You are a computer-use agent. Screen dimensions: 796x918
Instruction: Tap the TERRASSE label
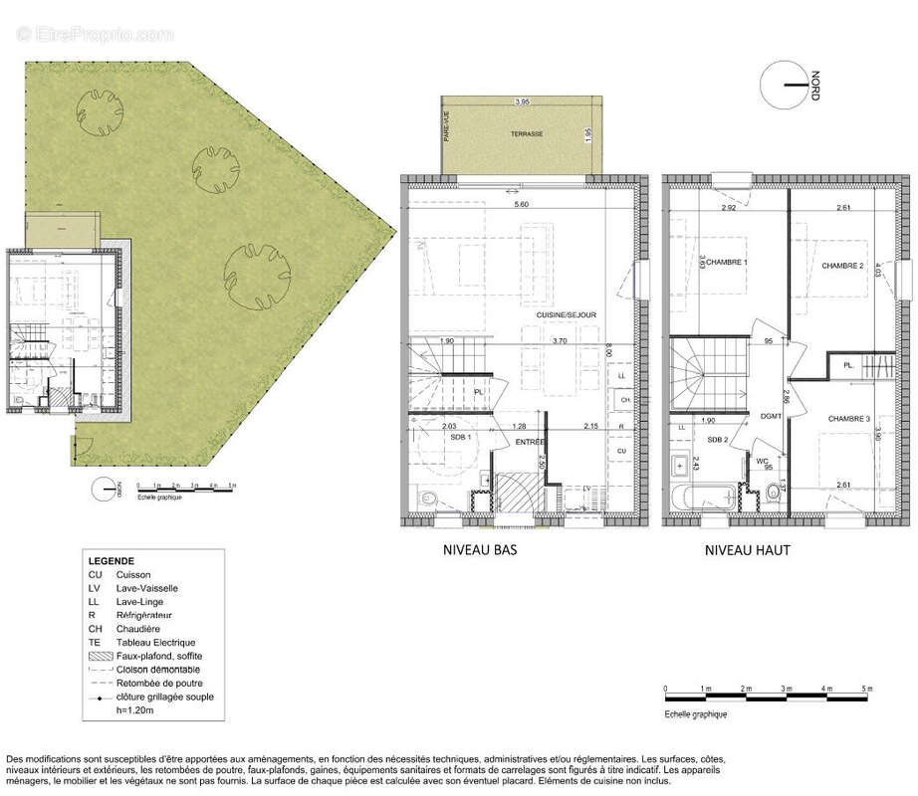pyautogui.click(x=527, y=133)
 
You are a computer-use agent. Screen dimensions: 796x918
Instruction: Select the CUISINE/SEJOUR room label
pyautogui.click(x=566, y=314)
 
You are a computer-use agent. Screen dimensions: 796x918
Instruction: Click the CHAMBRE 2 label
pyautogui.click(x=841, y=266)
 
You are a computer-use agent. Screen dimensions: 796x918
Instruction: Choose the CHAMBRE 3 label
pyautogui.click(x=849, y=419)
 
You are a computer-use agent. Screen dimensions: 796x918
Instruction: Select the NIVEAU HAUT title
pyautogui.click(x=746, y=549)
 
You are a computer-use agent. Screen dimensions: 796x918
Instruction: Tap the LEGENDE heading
pyautogui.click(x=111, y=561)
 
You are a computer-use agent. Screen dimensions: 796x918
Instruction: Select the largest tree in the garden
pyautogui.click(x=259, y=269)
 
